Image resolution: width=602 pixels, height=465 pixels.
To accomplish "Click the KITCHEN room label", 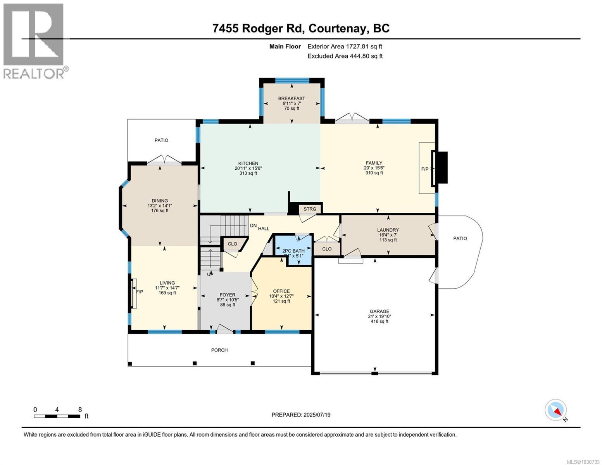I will click(248, 164).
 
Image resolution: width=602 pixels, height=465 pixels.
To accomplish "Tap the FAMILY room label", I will click(374, 163).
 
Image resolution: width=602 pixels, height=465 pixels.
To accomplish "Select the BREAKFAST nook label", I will click(292, 98).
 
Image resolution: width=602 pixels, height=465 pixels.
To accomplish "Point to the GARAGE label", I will click(379, 311).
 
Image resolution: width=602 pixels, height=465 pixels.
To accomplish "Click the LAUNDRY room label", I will click(388, 230).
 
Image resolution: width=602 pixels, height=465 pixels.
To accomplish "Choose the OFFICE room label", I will click(281, 291).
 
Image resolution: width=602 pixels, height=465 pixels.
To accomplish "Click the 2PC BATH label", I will click(293, 251).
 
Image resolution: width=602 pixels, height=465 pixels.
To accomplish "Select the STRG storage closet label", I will click(310, 209).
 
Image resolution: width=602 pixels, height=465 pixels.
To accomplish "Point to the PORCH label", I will click(219, 350).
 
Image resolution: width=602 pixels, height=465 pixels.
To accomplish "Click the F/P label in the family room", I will click(425, 169).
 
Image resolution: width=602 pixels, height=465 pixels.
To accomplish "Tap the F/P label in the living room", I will click(140, 292).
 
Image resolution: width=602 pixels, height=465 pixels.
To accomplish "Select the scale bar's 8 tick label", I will click(80, 410).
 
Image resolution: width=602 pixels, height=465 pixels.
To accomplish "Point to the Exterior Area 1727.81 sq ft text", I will click(345, 46).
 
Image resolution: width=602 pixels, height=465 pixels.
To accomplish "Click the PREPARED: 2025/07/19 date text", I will click(301, 415).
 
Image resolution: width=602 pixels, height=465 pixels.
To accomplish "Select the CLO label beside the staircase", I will click(232, 244).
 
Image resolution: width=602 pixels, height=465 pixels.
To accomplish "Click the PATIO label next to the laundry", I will click(460, 238).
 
